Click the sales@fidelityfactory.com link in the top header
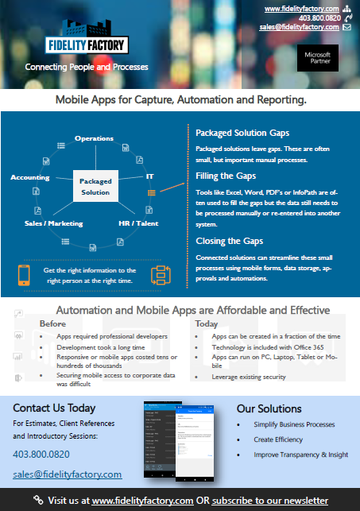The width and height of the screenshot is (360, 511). (299, 27)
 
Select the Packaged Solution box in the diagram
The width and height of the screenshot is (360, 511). (95, 187)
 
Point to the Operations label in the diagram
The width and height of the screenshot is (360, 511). (94, 138)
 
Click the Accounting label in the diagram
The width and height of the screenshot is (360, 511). (29, 177)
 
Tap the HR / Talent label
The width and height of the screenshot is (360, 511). (138, 223)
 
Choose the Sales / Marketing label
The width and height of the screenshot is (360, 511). (48, 223)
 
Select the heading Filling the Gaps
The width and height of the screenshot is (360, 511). (225, 176)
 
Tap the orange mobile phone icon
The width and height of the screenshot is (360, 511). (25, 275)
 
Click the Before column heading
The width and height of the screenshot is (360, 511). (52, 323)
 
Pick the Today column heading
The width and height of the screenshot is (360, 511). (207, 323)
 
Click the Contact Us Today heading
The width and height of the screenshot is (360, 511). (54, 408)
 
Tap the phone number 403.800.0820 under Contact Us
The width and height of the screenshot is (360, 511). (41, 455)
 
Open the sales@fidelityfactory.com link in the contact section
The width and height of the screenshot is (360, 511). (67, 474)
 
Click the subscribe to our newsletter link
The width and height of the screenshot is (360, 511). (269, 501)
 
